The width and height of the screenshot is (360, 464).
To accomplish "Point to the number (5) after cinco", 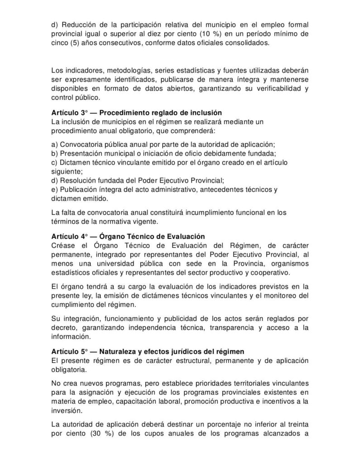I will coord(77,43).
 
